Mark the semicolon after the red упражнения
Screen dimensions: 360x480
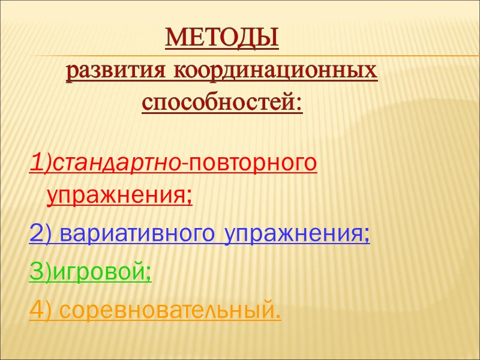coord(190,197)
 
